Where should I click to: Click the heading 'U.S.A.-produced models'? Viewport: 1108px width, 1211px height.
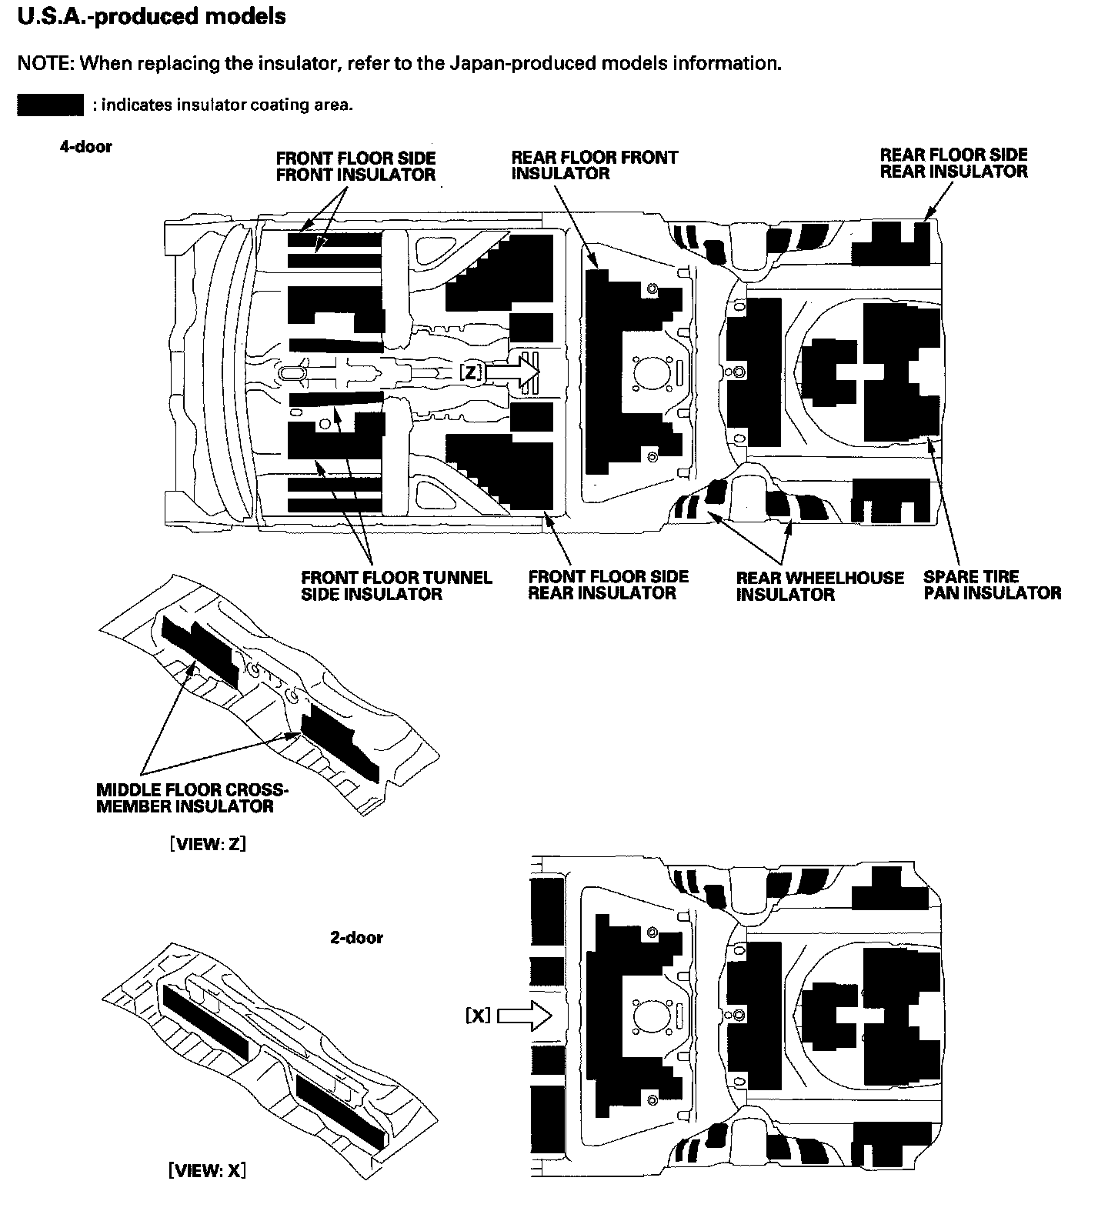click(152, 16)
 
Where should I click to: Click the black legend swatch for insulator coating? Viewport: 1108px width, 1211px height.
click(50, 105)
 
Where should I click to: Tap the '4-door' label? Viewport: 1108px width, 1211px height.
click(85, 147)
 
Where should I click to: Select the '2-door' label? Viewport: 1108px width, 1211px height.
click(356, 937)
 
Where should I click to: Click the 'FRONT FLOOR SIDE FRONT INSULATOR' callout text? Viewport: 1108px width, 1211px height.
click(355, 166)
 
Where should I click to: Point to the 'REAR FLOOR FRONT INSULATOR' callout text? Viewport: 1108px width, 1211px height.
click(594, 165)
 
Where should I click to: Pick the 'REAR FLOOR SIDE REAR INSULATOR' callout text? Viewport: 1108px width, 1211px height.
click(953, 162)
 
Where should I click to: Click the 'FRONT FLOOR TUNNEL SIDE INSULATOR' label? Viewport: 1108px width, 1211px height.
click(396, 585)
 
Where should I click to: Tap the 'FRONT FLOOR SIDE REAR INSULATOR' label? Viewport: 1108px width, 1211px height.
click(608, 585)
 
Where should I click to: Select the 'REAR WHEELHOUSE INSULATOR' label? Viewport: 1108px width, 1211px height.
click(819, 585)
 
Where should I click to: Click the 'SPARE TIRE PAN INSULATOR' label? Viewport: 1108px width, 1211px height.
click(992, 585)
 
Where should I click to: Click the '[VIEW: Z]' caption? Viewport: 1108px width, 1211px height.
click(207, 843)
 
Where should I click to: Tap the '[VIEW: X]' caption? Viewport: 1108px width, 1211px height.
click(207, 1170)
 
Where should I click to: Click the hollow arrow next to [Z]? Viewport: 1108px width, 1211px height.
click(514, 372)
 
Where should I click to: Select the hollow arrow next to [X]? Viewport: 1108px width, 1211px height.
click(526, 1017)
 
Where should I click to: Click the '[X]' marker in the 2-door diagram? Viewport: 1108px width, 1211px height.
click(478, 1016)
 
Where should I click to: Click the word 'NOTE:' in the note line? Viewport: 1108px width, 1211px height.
click(45, 63)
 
